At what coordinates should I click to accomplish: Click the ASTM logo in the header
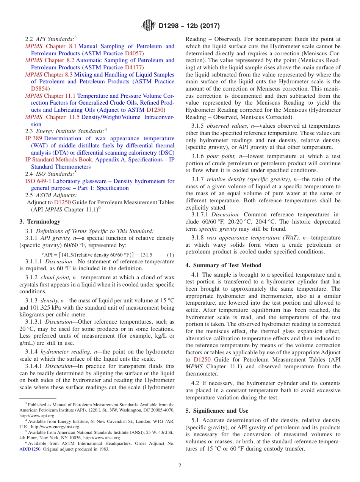pos(148,26)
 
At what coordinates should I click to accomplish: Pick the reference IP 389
pos(34,138)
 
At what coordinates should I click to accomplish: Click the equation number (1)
pos(171,255)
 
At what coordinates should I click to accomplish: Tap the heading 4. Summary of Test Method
pos(223,265)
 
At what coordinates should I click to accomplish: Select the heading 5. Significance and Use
pos(217,411)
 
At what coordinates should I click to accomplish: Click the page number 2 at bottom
pos(180,466)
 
